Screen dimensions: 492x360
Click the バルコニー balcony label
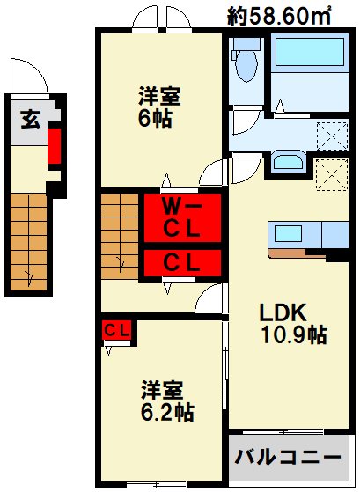(286, 459)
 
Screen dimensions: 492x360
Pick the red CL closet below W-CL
(182, 261)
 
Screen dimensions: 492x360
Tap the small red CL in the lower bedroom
(116, 331)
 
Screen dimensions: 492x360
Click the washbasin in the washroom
(287, 161)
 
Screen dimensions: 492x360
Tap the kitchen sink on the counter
(287, 234)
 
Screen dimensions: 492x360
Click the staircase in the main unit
(119, 236)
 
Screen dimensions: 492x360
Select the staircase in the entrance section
(31, 242)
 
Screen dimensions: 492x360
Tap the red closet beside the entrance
(54, 146)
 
